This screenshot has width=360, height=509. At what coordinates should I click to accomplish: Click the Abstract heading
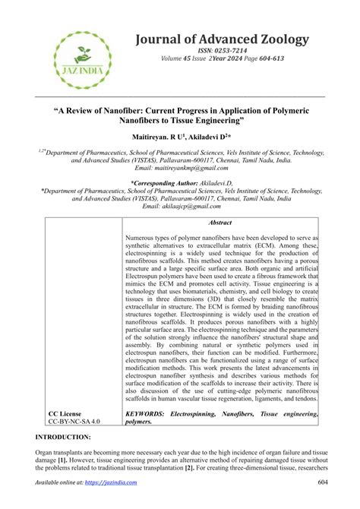click(220, 223)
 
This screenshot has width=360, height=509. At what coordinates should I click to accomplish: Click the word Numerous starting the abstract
click(143, 239)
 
